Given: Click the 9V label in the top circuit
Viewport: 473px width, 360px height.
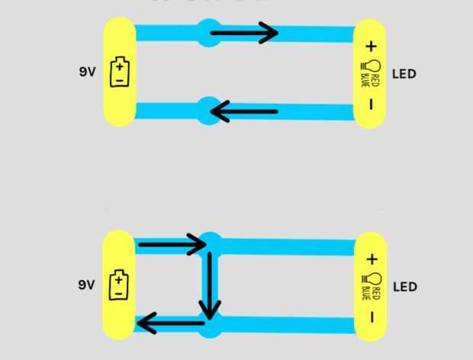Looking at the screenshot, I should pos(87,72).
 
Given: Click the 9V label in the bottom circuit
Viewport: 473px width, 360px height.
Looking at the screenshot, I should pos(86,284).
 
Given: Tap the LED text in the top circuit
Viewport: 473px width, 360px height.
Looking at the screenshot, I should pos(404,74).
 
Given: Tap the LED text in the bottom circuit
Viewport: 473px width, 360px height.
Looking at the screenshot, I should pos(404,287).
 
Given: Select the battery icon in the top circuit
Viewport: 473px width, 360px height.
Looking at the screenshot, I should pos(120,72).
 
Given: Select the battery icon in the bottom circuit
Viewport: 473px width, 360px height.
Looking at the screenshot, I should pos(119,284).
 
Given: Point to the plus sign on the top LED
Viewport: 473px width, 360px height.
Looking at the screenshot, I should pos(372,47).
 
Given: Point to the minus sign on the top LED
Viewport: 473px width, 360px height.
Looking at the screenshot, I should pos(372,104).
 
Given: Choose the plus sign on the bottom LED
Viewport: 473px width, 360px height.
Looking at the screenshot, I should pos(372,259).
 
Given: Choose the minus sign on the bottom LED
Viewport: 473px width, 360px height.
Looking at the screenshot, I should pos(372,316).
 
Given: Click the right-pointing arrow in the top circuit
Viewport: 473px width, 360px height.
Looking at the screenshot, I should pos(244,33).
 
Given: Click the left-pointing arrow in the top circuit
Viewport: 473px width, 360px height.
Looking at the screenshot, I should pos(244,113).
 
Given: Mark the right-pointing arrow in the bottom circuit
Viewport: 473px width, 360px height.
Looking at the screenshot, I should pos(172,245).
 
